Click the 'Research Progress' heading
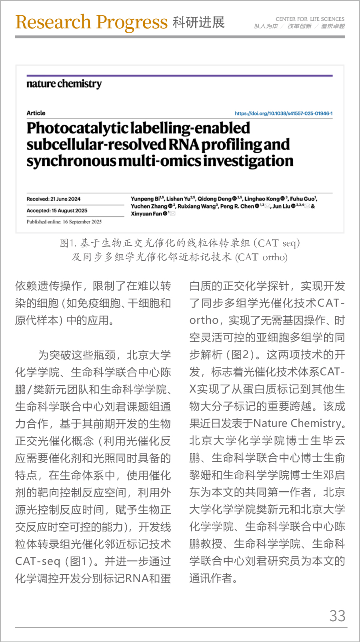pyautogui.click(x=91, y=22)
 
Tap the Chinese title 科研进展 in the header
pyautogui.click(x=199, y=22)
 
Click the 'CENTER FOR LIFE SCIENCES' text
pyautogui.click(x=310, y=19)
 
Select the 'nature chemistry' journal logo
pyautogui.click(x=64, y=84)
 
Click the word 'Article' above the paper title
pyautogui.click(x=36, y=113)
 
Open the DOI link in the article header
pyautogui.click(x=284, y=114)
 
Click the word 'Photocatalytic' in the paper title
pyautogui.click(x=78, y=128)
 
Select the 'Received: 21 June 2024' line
pyautogui.click(x=54, y=199)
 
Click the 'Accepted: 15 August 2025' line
pyautogui.click(x=57, y=211)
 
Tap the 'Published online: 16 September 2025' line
pyautogui.click(x=64, y=222)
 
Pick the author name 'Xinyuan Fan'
pyautogui.click(x=146, y=214)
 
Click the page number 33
pyautogui.click(x=337, y=616)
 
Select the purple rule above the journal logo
pyautogui.click(x=180, y=76)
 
